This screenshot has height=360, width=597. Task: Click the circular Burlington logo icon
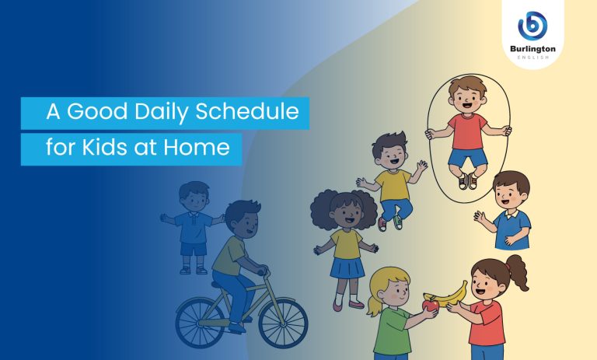(532, 26)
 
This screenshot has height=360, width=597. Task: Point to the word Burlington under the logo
(532, 48)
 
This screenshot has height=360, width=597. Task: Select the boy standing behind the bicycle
(194, 225)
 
